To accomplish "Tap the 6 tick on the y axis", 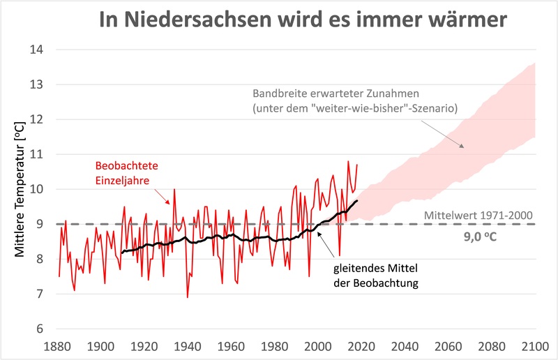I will [x=40, y=329].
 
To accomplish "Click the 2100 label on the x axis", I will [x=535, y=346].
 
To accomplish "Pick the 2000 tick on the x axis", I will [x=318, y=346].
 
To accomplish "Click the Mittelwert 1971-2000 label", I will [x=477, y=214].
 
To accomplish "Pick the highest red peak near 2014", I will [x=348, y=161].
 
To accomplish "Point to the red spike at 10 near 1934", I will [x=174, y=189].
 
